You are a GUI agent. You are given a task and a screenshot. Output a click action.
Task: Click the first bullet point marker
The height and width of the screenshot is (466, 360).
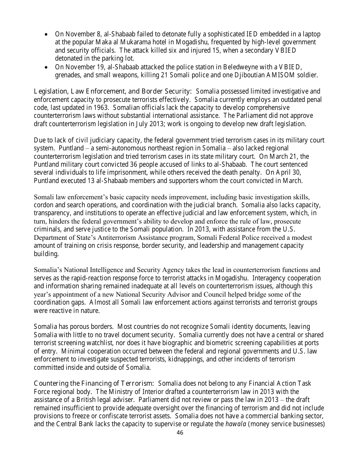click(x=46, y=34)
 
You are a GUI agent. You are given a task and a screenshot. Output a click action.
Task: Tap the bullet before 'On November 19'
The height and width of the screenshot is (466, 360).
click(x=46, y=67)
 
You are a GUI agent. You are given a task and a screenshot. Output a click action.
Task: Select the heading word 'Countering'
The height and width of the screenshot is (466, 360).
click(x=50, y=384)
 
